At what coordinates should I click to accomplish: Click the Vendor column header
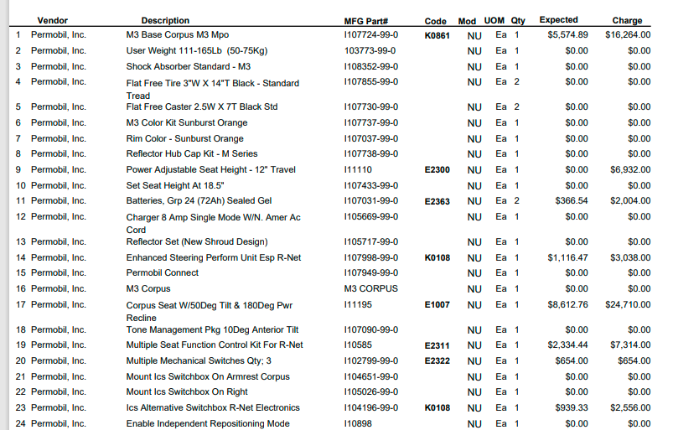click(52, 20)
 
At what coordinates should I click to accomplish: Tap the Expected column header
click(558, 19)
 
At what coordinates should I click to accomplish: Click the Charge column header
click(627, 20)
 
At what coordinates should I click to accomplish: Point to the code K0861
click(437, 35)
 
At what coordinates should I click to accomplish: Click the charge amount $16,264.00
click(627, 35)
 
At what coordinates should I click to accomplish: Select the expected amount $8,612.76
click(567, 305)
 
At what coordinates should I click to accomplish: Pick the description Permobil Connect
click(162, 272)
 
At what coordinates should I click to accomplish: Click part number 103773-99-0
click(370, 50)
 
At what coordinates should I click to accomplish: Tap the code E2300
click(437, 169)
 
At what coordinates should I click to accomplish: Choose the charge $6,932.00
click(630, 169)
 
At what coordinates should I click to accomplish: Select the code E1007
click(437, 305)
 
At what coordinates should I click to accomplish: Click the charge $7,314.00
click(630, 345)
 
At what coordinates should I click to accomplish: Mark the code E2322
click(437, 360)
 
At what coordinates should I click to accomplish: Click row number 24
click(18, 423)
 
